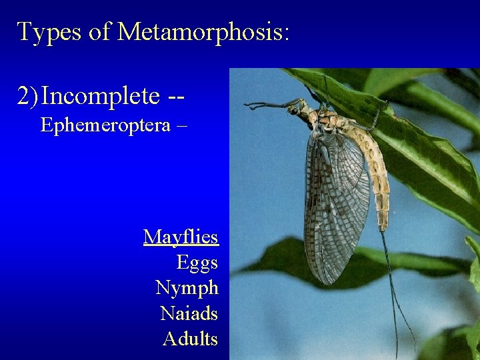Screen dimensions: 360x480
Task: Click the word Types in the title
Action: [x=50, y=32]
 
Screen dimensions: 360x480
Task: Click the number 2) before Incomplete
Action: [x=27, y=96]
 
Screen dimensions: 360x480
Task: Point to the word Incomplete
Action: [x=100, y=96]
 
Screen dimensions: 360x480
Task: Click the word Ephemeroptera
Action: [x=105, y=125]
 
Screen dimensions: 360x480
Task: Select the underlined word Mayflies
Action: [x=181, y=237]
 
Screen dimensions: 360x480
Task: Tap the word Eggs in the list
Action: [x=197, y=263]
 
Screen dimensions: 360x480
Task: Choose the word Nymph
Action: [x=187, y=288]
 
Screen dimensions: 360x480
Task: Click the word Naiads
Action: [x=189, y=313]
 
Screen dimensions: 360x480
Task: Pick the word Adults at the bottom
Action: [x=190, y=339]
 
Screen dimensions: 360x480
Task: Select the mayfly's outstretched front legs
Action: [x=267, y=105]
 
